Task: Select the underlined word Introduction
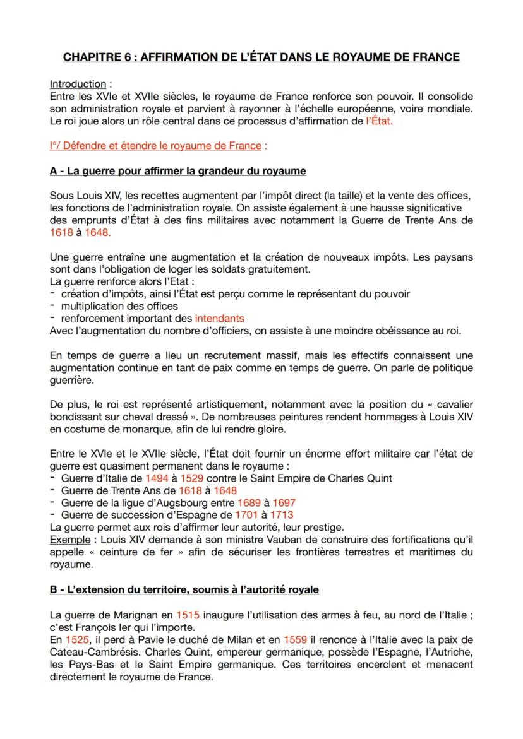77,84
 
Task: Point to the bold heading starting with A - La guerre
177,171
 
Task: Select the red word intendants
219,318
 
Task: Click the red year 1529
193,478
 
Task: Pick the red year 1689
249,502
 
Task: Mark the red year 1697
284,502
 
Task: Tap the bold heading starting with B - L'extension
184,589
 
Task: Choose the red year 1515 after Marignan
188,615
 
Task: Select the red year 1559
296,639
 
